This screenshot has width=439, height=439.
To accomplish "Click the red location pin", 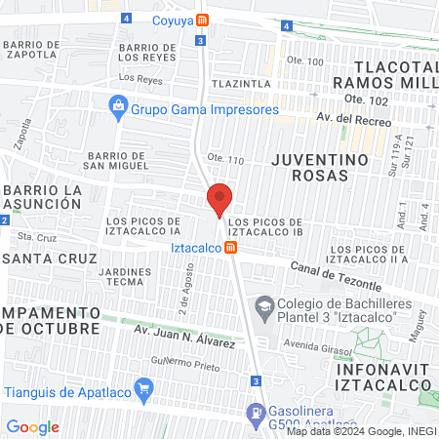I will tap(219, 199).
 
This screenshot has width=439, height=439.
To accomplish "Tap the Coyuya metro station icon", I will tap(202, 20).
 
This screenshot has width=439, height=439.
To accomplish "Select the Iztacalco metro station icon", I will tap(230, 248).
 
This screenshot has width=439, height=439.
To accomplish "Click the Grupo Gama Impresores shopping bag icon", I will tap(117, 104).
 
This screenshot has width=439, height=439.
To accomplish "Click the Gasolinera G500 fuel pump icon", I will tap(256, 413).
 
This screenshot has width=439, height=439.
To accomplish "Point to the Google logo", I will tap(32, 427).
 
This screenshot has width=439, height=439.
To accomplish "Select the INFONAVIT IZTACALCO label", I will tap(382, 378).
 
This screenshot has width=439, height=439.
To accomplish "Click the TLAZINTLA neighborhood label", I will tap(241, 84).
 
